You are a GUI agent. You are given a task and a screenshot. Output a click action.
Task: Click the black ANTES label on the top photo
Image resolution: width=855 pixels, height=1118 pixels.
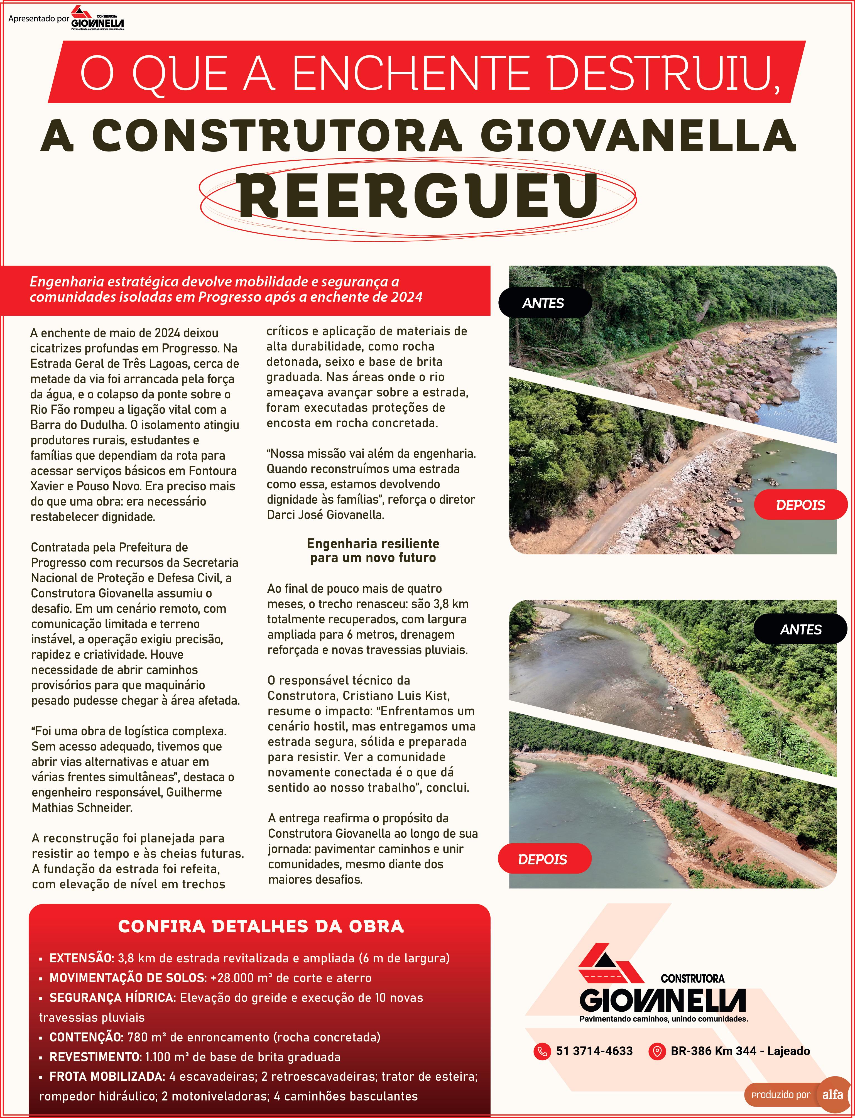pyautogui.click(x=543, y=303)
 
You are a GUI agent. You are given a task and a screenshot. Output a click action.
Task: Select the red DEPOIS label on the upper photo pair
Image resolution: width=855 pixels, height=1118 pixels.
pyautogui.click(x=800, y=505)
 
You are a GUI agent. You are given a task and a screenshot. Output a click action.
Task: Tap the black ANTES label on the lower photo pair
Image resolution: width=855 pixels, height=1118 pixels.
pyautogui.click(x=800, y=629)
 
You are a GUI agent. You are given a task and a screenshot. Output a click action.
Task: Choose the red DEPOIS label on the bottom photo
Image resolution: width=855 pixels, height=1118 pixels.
pyautogui.click(x=543, y=859)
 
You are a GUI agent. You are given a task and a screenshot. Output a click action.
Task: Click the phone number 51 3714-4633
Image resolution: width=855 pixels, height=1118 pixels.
pyautogui.click(x=594, y=1051)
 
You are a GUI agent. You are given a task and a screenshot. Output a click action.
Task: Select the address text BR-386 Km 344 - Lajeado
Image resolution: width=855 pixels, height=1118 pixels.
pyautogui.click(x=740, y=1051)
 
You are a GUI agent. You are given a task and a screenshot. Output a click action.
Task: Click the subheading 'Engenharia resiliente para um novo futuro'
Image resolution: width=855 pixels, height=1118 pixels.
pyautogui.click(x=373, y=551)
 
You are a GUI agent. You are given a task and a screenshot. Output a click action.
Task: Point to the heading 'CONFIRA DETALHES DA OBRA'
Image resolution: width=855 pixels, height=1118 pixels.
pyautogui.click(x=261, y=926)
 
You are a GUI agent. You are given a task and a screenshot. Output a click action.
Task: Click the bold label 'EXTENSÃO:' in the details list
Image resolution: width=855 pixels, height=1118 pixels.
pyautogui.click(x=81, y=958)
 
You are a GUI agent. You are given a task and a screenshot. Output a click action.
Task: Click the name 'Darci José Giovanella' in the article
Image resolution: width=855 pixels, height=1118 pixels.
pyautogui.click(x=326, y=514)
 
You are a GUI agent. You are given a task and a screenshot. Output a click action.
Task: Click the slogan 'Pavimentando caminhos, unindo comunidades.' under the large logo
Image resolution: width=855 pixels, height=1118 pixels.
pyautogui.click(x=664, y=1019)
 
